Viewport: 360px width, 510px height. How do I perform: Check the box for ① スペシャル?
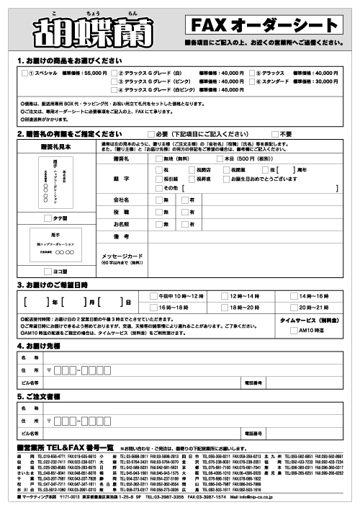(x=26, y=73)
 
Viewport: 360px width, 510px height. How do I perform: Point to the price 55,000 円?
(x=95, y=73)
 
